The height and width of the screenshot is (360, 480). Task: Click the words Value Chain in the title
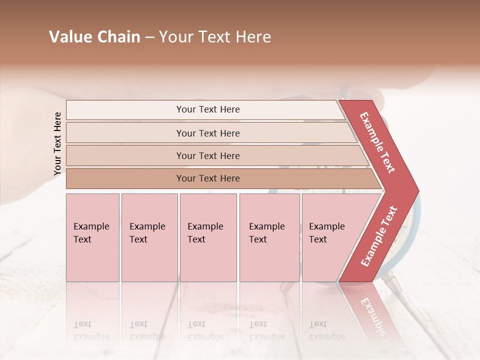94,37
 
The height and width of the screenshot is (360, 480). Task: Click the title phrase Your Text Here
215,37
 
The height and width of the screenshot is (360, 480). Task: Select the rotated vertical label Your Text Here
57,143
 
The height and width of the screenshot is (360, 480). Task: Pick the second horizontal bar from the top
207,133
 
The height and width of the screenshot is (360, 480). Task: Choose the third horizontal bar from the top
207,155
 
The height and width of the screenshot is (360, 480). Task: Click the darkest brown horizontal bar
207,178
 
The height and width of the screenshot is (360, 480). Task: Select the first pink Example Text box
92,237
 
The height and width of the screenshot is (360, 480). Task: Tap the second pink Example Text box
149,237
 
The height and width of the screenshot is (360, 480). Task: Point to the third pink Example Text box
207,237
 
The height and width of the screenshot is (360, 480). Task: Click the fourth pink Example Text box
269,237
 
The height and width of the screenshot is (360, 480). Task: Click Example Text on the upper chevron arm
377,142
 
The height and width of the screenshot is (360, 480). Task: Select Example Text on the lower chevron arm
378,236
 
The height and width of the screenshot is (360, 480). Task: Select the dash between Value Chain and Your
149,37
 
